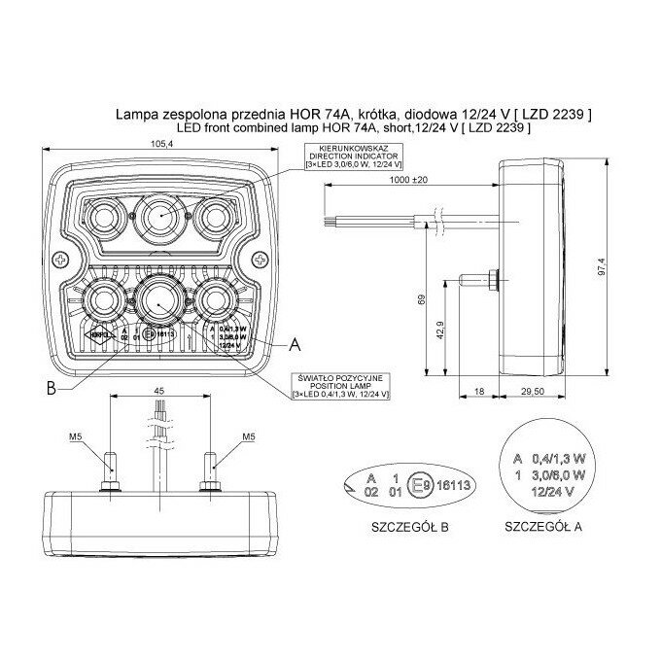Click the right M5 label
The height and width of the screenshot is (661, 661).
[x=249, y=436]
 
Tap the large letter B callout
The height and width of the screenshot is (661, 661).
[x=50, y=390]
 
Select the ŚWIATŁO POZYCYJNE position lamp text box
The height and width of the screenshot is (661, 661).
[x=339, y=385]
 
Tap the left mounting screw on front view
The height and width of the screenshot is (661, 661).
[x=61, y=261]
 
